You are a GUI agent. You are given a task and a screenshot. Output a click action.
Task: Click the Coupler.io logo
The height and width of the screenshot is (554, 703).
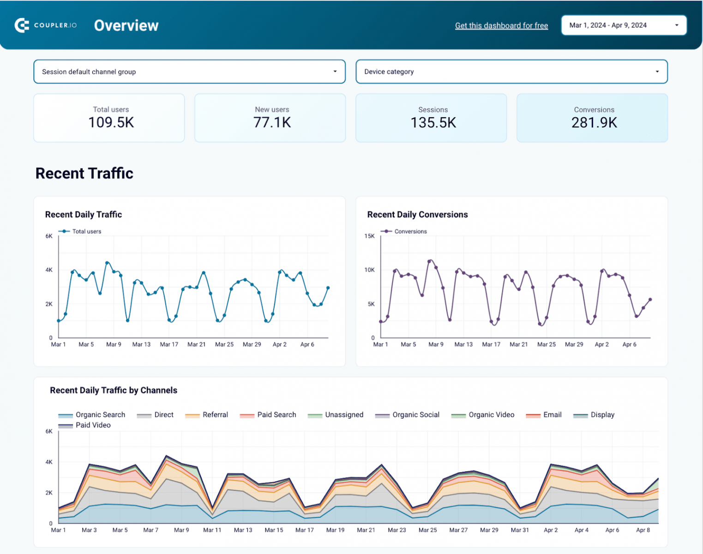(x=46, y=25)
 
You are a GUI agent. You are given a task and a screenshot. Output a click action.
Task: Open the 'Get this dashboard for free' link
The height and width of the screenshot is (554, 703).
(x=501, y=26)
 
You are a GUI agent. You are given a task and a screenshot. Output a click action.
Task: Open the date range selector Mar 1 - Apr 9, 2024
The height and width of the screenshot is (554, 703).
(x=623, y=25)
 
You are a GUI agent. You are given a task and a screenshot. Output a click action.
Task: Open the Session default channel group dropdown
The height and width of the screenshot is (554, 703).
(x=189, y=72)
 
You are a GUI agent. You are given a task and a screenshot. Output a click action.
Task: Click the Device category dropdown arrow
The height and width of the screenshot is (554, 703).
(x=657, y=72)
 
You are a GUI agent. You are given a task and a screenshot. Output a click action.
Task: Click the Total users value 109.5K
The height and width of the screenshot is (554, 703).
(x=111, y=122)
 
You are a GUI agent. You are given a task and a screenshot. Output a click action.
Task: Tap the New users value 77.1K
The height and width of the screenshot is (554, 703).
(x=272, y=122)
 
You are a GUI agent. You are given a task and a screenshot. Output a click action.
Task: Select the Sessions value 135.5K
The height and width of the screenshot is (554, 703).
(x=433, y=123)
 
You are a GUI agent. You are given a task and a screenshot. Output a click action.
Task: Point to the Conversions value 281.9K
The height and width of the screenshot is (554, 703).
(x=594, y=123)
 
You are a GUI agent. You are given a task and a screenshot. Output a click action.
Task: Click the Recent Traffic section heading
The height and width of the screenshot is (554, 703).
(x=84, y=173)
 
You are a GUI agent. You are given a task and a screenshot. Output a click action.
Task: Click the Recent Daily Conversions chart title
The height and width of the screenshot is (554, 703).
(x=417, y=215)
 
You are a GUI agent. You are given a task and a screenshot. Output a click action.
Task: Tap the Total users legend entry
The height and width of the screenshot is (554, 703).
(x=86, y=231)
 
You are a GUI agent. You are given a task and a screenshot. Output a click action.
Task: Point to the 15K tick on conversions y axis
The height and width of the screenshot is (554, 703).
(x=369, y=236)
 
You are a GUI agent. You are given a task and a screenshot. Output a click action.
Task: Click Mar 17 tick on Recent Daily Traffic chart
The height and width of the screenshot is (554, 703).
(x=169, y=344)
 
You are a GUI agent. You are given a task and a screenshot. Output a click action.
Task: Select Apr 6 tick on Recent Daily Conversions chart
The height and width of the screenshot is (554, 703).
(x=629, y=344)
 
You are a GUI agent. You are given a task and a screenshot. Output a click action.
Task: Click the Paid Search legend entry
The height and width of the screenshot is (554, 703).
(x=276, y=415)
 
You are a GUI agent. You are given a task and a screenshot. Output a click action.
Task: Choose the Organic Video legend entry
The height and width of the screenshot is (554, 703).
(x=491, y=415)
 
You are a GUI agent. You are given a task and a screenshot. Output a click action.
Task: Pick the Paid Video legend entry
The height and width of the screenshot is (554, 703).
(x=93, y=425)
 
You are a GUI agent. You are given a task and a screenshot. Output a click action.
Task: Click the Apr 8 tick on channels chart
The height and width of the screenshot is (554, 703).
(x=643, y=530)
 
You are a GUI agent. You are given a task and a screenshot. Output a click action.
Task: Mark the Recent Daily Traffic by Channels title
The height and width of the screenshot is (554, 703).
(x=114, y=391)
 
